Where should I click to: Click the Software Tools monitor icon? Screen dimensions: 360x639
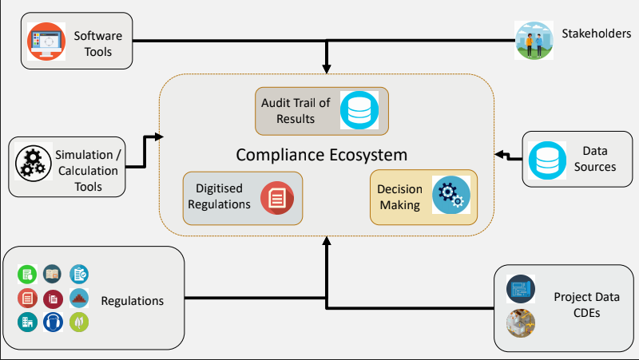pyautogui.click(x=46, y=42)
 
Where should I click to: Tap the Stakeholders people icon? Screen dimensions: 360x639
pyautogui.click(x=534, y=39)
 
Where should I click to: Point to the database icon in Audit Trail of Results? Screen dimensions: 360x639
pyautogui.click(x=359, y=111)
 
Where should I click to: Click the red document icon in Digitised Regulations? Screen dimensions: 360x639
pyautogui.click(x=277, y=197)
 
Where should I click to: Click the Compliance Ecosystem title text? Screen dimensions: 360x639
pyautogui.click(x=321, y=154)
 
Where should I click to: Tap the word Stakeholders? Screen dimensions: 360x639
pyautogui.click(x=597, y=34)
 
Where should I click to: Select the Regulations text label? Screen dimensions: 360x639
pyautogui.click(x=132, y=301)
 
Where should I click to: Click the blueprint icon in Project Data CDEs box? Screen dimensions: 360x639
pyautogui.click(x=521, y=287)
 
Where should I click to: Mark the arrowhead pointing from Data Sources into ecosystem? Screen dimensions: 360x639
pyautogui.click(x=498, y=153)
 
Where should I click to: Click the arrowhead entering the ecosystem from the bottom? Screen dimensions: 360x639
pyautogui.click(x=326, y=242)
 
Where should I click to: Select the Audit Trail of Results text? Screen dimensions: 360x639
pyautogui.click(x=296, y=111)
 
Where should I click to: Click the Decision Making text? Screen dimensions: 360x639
pyautogui.click(x=399, y=197)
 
